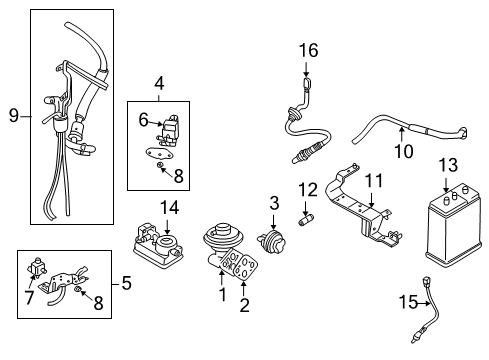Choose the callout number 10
coord(402,152)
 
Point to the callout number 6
coord(143,119)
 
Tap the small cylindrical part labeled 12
coord(308,216)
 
